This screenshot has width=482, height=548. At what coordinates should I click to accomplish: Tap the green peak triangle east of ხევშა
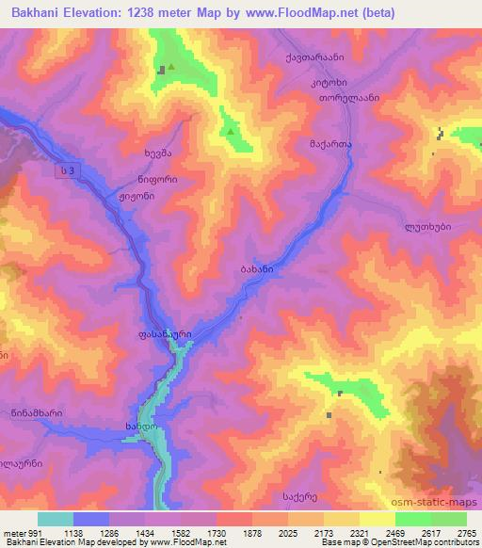click(229, 132)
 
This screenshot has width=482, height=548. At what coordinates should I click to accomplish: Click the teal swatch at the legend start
click(55, 519)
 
